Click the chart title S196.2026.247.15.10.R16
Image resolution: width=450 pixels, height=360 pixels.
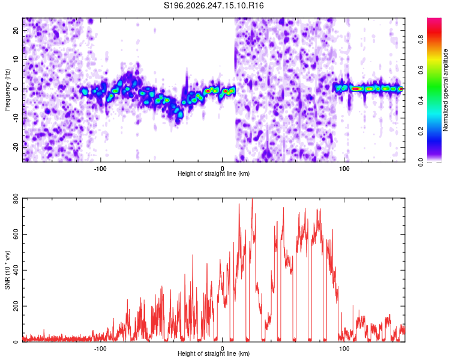pos(214,5)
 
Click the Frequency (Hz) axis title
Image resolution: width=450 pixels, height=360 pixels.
pos(7,90)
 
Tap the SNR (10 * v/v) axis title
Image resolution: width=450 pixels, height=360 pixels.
pos(7,270)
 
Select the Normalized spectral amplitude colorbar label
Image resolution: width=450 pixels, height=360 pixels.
pos(445,90)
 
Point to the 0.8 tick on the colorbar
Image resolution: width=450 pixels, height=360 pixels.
pos(421,40)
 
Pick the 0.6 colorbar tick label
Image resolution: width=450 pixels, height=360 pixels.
pos(421,70)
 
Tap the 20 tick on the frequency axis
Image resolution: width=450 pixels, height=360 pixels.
pos(16,30)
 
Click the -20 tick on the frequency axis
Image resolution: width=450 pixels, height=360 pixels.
pos(16,148)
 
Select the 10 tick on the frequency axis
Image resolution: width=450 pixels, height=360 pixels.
pos(16,59)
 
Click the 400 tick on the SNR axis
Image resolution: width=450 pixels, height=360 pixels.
pos(16,270)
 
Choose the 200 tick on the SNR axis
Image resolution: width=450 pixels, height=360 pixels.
pos(16,306)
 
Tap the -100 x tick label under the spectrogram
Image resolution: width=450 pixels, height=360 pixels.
pos(100,169)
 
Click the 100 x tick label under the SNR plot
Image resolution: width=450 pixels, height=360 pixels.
pos(344,349)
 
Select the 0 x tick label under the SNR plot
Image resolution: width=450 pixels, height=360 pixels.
pos(223,349)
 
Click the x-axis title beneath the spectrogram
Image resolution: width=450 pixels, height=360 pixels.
pos(214,173)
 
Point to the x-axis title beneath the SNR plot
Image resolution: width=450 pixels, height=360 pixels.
pos(214,353)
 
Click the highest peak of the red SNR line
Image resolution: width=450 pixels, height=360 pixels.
pos(252,199)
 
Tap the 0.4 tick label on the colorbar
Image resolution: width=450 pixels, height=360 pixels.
pos(421,100)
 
